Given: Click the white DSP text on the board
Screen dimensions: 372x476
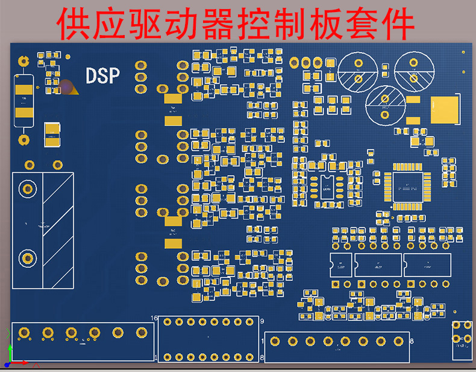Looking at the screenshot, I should pyautogui.click(x=102, y=75).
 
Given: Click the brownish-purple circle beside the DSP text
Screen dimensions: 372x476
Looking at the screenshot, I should pyautogui.click(x=66, y=87).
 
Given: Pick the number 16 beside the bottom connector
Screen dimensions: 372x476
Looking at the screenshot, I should pyautogui.click(x=154, y=318).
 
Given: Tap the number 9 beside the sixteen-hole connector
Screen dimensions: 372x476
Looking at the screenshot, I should pyautogui.click(x=262, y=321).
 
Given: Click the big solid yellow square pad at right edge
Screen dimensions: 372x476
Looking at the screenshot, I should pyautogui.click(x=445, y=109).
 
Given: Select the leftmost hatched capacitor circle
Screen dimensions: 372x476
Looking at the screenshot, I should pyautogui.click(x=358, y=71).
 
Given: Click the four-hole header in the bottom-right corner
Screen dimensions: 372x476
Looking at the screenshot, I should pyautogui.click(x=462, y=333).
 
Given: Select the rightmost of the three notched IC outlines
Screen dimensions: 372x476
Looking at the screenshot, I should pyautogui.click(x=427, y=265).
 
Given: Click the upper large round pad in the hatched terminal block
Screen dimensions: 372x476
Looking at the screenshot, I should pyautogui.click(x=27, y=189).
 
